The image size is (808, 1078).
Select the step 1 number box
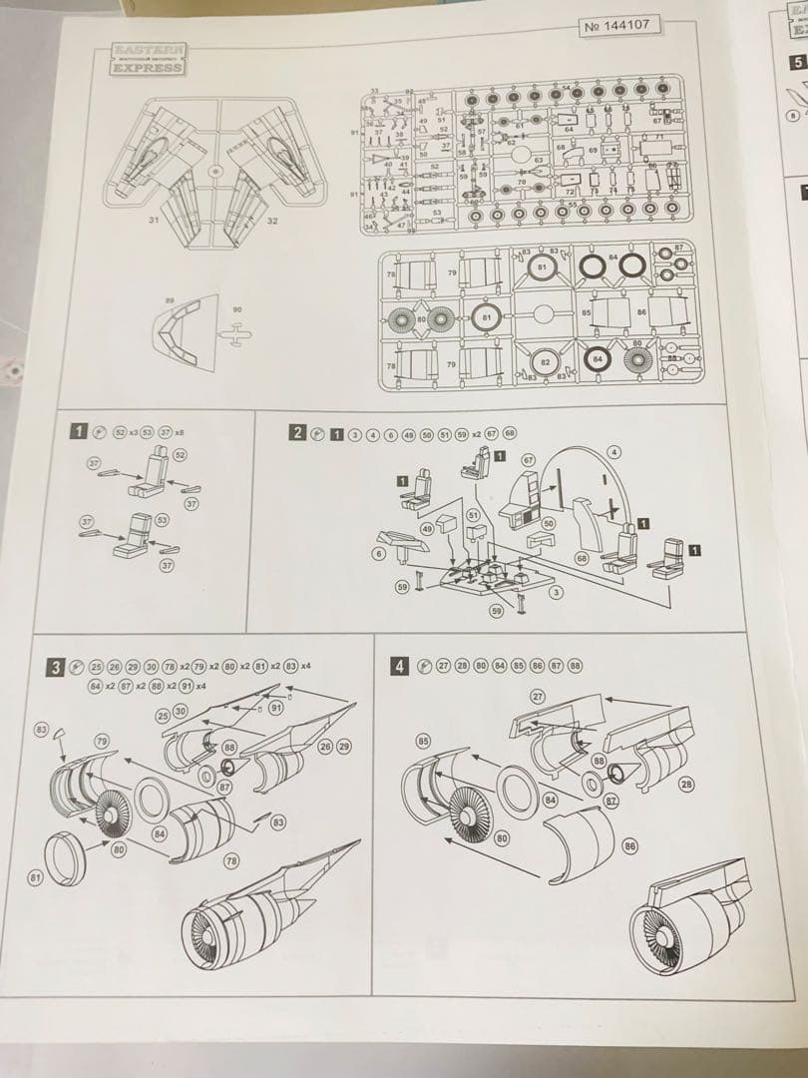coord(78,431)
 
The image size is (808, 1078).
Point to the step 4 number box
coord(400,666)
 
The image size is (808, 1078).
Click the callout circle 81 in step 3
coord(34,877)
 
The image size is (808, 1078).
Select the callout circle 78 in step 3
coord(231,860)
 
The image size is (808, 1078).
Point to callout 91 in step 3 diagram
coord(276,708)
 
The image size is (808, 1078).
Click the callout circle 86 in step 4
coord(629,846)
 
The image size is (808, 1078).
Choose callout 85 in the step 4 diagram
coord(422,742)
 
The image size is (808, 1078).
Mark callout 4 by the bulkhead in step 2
coord(614,452)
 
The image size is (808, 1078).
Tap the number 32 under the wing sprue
coord(271,221)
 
